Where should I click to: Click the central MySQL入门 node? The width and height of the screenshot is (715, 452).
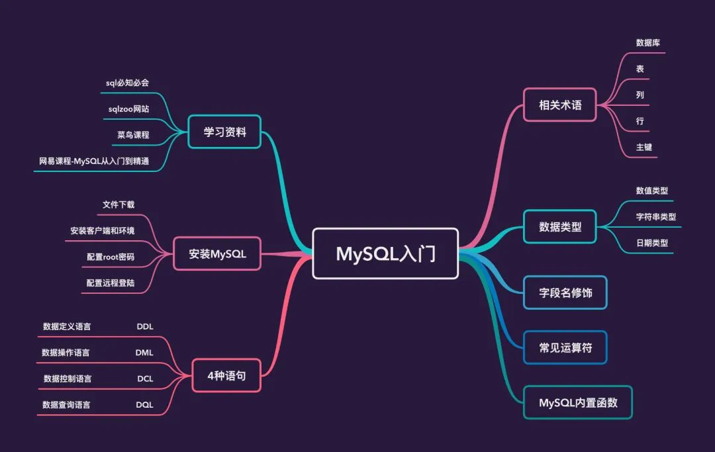[385, 253]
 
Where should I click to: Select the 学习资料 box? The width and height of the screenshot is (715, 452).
[224, 132]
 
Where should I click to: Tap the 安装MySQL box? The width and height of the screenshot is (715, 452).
[217, 253]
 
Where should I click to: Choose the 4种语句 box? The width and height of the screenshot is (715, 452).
[226, 375]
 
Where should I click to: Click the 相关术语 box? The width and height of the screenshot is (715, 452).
[560, 105]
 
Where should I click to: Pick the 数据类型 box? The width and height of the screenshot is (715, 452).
[560, 227]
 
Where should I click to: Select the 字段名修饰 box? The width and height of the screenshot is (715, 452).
[565, 292]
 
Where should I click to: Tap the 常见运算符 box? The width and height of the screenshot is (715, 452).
[565, 347]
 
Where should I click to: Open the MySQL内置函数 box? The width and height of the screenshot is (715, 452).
[578, 402]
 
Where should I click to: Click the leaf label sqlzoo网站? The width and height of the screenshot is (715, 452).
[128, 109]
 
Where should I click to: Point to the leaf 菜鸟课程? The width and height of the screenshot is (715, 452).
[133, 135]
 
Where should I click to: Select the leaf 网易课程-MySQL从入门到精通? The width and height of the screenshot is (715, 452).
[94, 161]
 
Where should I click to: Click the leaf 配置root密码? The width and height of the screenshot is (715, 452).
[110, 257]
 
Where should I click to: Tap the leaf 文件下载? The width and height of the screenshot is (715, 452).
[119, 204]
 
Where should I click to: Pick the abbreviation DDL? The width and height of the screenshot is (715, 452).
[145, 326]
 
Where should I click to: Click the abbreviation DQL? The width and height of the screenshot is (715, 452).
[145, 404]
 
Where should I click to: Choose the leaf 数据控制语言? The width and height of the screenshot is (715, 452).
[68, 379]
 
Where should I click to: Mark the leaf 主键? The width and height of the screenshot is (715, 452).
[644, 147]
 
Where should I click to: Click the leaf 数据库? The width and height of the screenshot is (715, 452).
[648, 42]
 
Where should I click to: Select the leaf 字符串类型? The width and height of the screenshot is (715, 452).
[656, 216]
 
